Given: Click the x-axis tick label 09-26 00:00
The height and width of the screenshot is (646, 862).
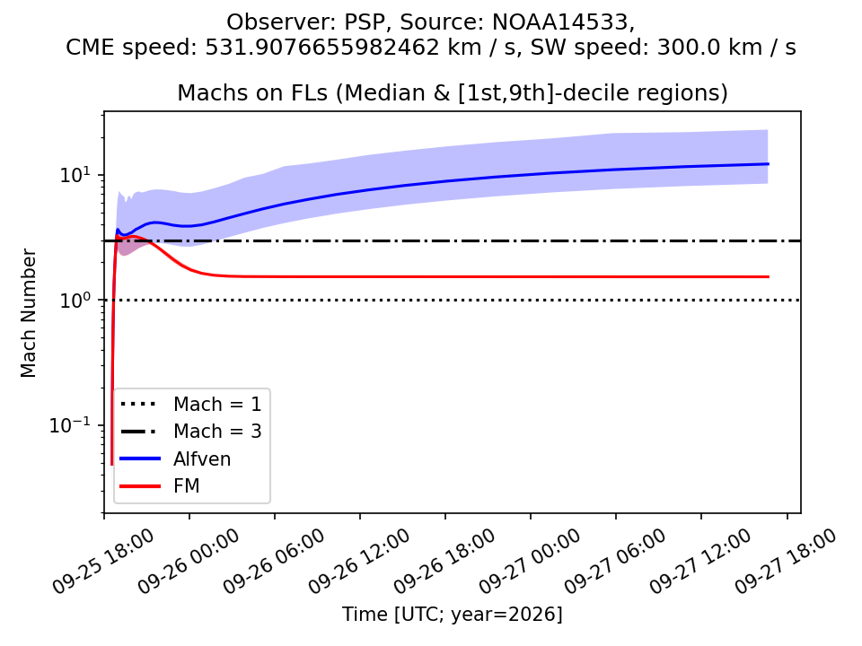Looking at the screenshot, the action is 188,561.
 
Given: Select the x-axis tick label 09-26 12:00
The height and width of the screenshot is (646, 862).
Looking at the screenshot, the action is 358,561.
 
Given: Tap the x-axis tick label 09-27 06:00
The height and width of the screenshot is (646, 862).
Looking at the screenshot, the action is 614,561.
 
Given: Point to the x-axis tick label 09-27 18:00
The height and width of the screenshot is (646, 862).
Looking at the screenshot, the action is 785,561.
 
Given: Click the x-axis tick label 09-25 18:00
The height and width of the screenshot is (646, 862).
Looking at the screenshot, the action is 102,561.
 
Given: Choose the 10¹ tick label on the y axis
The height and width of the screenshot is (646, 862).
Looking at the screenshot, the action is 75,175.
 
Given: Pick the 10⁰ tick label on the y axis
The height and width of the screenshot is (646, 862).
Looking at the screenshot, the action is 75,300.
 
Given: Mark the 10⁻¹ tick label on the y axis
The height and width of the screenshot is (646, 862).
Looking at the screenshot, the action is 70,424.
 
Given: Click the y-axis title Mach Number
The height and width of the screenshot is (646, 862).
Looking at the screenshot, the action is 28,313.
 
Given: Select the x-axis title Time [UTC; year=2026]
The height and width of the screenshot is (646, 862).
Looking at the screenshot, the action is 453,614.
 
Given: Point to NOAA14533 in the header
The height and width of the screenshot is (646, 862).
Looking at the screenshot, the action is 559,22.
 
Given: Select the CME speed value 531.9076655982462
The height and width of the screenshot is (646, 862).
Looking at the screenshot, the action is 322,48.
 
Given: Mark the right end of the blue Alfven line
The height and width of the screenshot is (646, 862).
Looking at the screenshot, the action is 768,163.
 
